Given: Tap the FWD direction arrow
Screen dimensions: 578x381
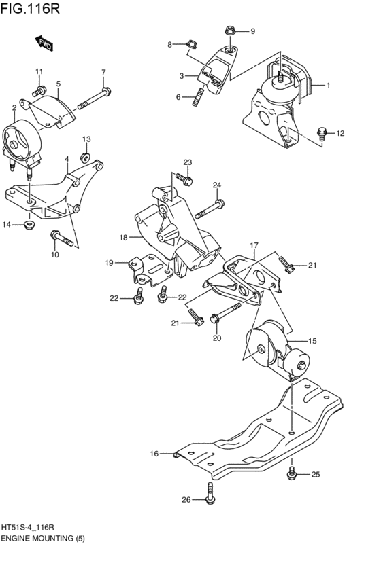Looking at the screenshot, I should (45, 44).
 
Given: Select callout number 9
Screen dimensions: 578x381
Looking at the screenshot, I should (252, 31).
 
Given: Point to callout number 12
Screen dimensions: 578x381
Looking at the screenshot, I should (340, 133).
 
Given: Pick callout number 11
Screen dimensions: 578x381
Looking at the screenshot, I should (39, 72).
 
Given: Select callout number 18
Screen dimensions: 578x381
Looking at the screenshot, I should (124, 238).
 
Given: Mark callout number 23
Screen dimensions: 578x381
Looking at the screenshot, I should (188, 162).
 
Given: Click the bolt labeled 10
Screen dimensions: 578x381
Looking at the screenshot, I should (63, 239).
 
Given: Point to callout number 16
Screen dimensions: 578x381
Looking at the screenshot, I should (154, 453).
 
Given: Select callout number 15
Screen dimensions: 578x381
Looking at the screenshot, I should (313, 341).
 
